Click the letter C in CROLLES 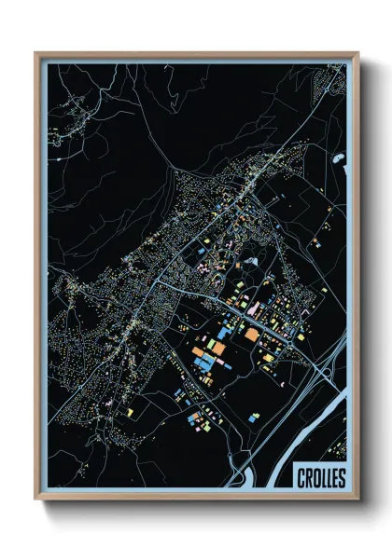coord(301,478)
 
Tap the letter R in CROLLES coord(308,478)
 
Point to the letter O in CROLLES coord(315,478)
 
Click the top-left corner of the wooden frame coord(36,54)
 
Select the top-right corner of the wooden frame coord(357,54)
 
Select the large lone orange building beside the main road coord(252,331)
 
